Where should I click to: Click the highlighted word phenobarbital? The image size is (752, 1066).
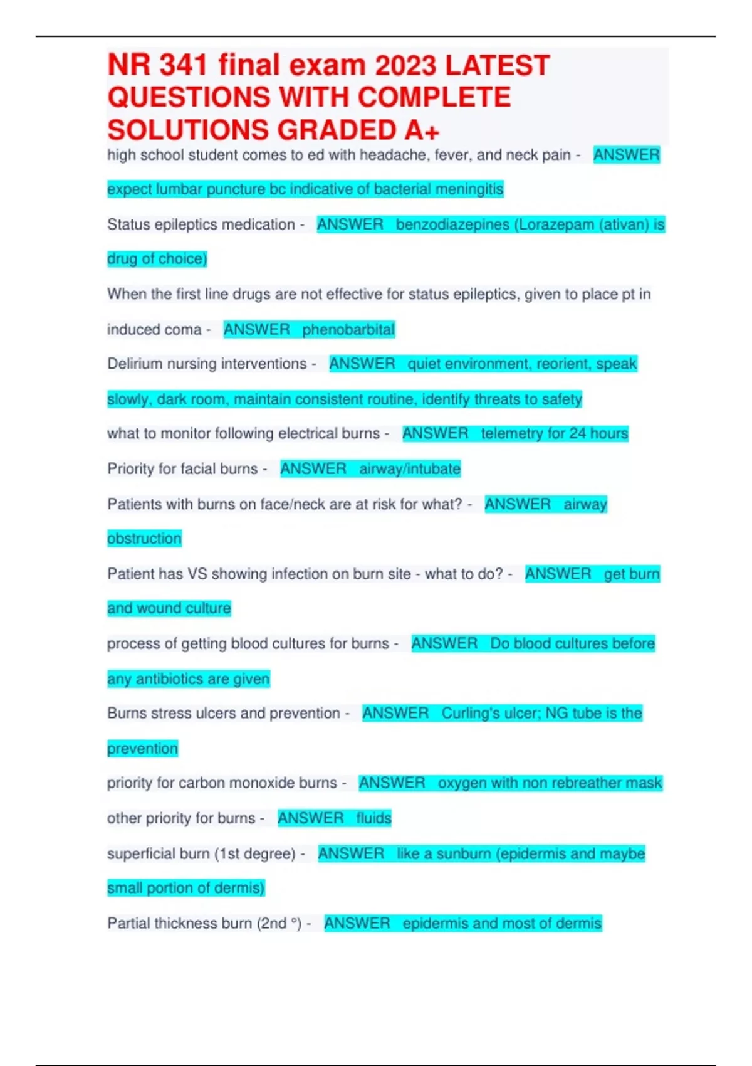[348, 329]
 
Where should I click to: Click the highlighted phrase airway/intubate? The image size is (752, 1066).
[410, 468]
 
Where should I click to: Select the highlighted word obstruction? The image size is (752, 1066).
[144, 538]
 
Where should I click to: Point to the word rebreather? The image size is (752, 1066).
[578, 783]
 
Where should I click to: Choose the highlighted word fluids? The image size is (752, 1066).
[373, 818]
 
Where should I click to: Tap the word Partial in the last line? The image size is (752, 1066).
[128, 923]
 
